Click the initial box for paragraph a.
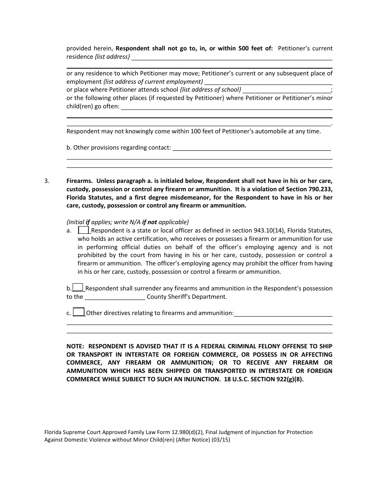(x=84, y=230)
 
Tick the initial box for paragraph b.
(x=78, y=288)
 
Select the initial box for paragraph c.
(x=79, y=312)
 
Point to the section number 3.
(x=47, y=181)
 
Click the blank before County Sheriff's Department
(x=115, y=297)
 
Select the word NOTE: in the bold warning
(x=75, y=346)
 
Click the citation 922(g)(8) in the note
(x=288, y=379)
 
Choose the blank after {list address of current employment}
(x=268, y=82)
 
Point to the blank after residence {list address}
(x=232, y=57)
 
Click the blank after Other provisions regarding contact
(x=252, y=148)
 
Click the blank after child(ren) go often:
(x=226, y=107)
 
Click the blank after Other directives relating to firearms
(x=283, y=313)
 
